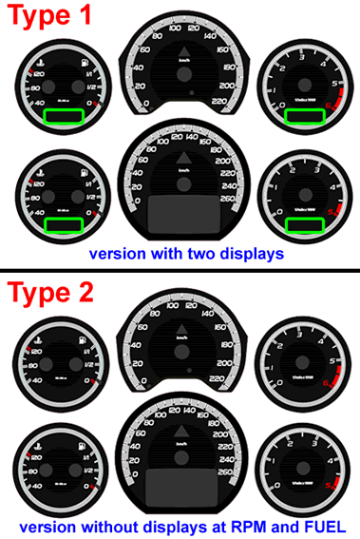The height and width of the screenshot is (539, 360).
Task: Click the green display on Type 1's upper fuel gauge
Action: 65,116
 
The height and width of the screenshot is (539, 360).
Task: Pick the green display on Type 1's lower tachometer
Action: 306,224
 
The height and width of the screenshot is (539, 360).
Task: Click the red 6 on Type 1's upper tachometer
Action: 329,103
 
